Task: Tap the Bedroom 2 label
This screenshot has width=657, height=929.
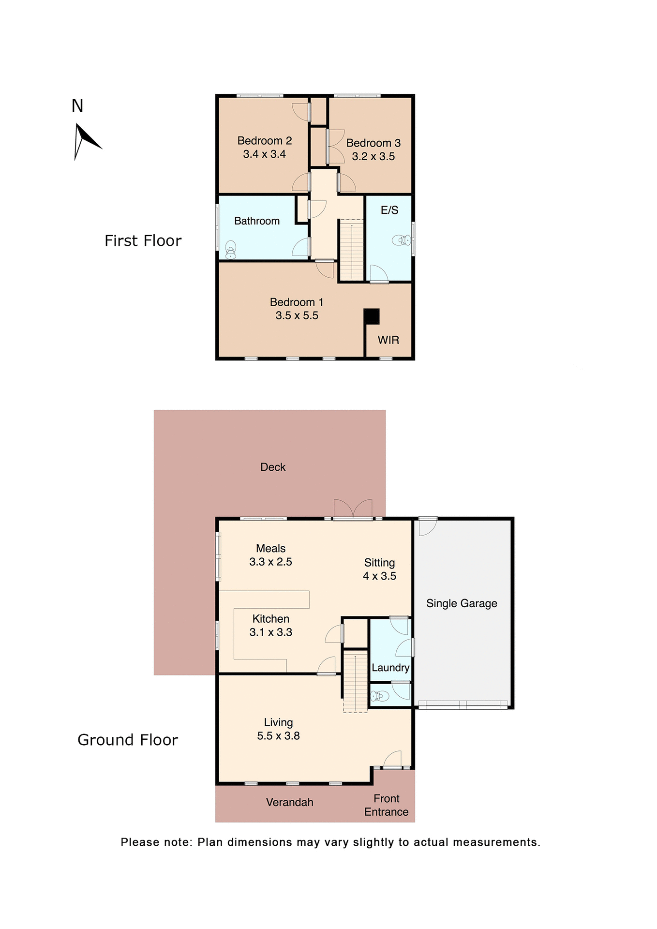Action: [264, 141]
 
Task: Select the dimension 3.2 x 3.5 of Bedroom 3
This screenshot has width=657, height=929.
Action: [373, 157]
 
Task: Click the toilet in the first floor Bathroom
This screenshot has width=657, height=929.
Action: [231, 250]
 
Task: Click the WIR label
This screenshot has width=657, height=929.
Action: [388, 340]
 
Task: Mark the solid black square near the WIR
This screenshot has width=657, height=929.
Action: [372, 316]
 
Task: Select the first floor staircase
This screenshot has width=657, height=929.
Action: [351, 250]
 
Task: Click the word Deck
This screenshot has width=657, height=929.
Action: [273, 467]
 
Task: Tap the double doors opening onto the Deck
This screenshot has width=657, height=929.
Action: [353, 510]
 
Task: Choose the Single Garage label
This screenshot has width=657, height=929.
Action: [462, 603]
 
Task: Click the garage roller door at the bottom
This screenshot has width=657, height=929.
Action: [463, 704]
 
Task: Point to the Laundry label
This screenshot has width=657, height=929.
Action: [390, 668]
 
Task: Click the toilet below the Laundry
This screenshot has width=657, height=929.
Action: [380, 696]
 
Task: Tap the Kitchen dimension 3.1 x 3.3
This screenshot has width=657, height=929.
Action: [270, 632]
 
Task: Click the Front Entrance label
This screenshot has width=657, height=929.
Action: [386, 805]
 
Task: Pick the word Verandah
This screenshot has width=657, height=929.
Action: [289, 802]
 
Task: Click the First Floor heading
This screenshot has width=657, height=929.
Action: [143, 241]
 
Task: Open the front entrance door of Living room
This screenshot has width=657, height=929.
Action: [393, 761]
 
